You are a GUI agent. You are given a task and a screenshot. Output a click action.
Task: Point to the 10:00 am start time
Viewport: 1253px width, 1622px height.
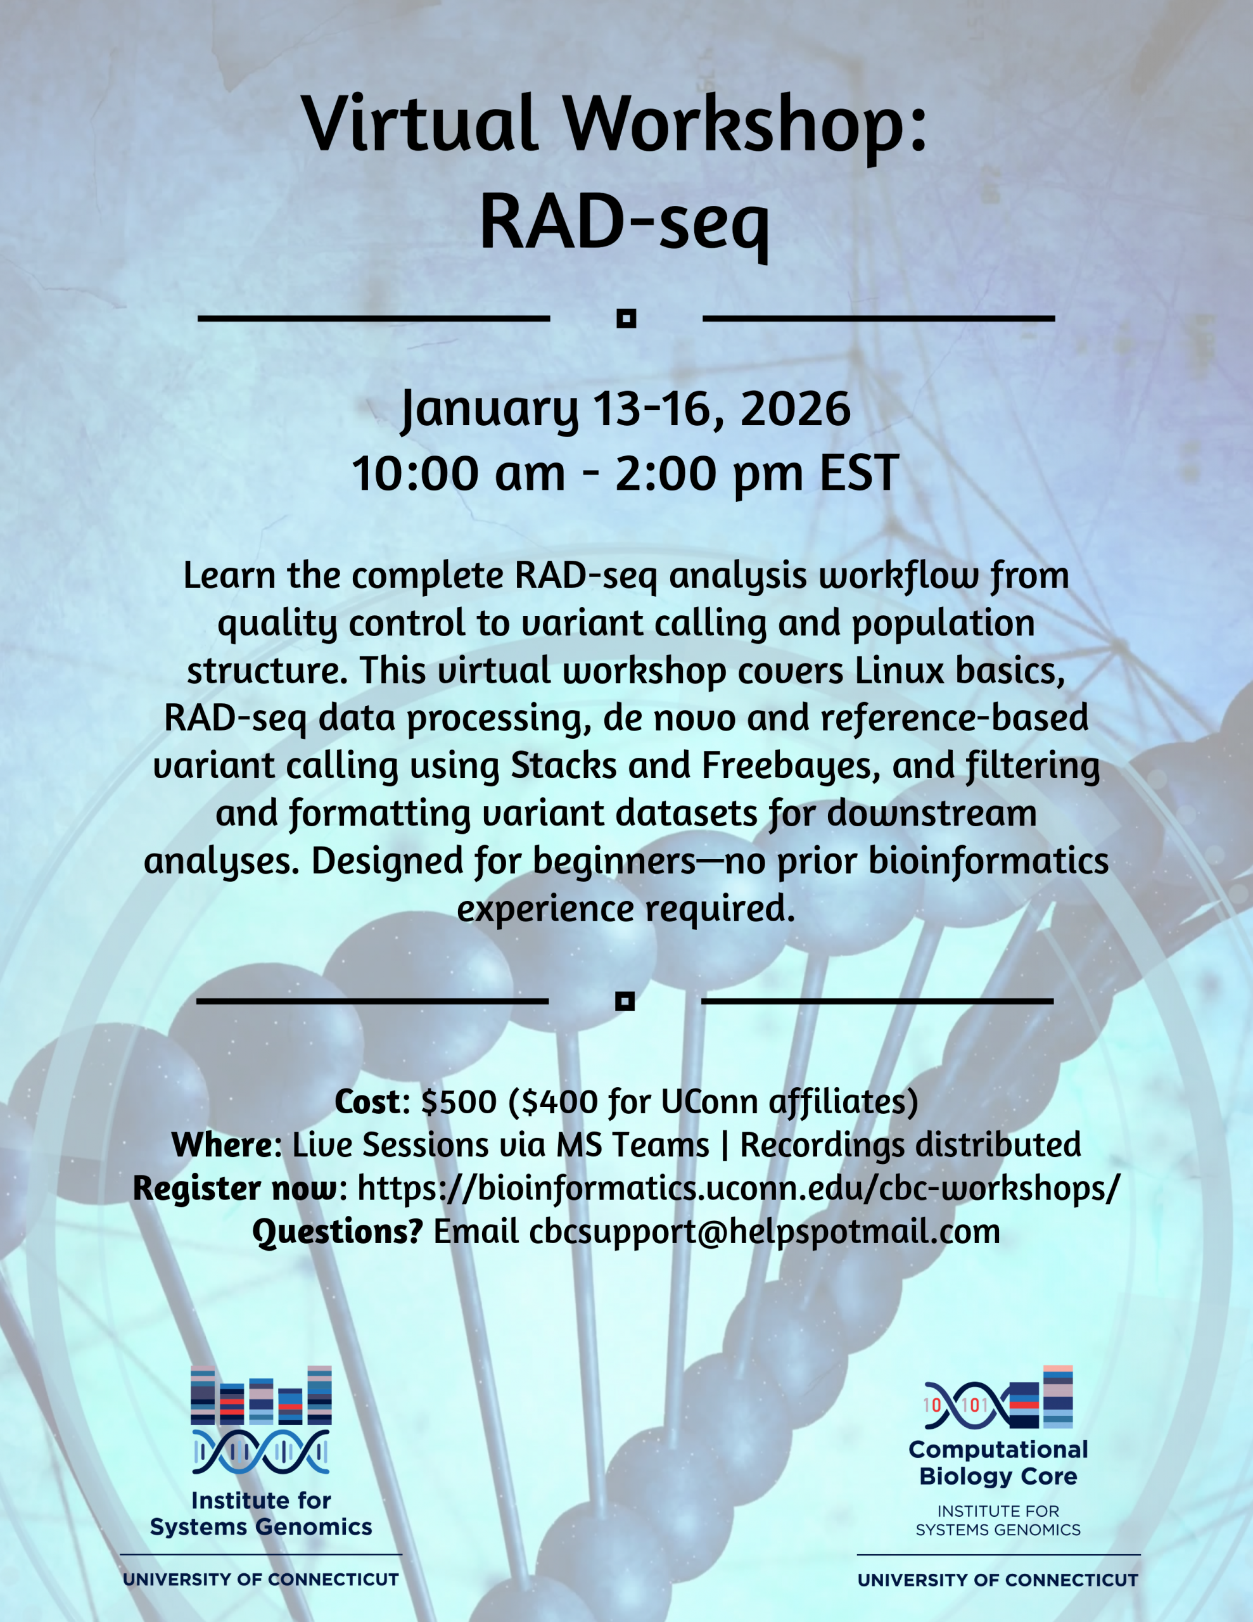pos(458,473)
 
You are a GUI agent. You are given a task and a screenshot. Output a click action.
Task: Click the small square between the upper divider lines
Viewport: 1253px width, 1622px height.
pos(626,319)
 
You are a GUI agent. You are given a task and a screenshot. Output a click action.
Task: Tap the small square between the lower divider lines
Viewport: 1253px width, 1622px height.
pos(625,1001)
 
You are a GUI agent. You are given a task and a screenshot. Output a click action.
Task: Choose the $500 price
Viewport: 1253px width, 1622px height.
pos(458,1101)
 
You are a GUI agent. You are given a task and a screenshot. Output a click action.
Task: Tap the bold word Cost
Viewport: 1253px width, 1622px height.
pos(367,1101)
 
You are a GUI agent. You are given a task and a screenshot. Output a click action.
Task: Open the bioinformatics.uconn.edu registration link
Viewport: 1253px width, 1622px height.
pos(738,1187)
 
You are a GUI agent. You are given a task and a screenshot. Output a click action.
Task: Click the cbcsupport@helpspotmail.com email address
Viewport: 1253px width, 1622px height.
pos(764,1230)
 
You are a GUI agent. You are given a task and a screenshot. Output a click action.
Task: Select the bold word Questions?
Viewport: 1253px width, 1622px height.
pos(337,1230)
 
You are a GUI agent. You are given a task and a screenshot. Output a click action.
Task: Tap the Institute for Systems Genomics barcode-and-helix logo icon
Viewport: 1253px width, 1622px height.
pos(261,1419)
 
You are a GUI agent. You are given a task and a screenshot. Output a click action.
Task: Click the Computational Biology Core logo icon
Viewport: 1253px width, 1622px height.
pos(998,1397)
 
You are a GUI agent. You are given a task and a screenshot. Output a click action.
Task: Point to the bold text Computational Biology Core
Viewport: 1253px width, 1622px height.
pos(998,1462)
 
